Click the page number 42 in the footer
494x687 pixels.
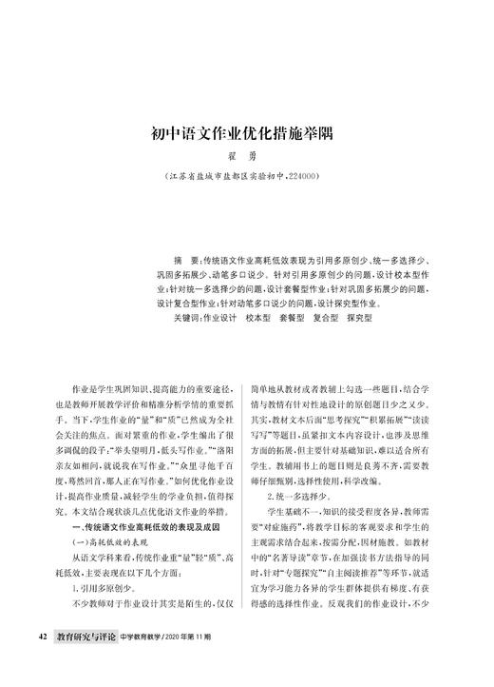point(42,660)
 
